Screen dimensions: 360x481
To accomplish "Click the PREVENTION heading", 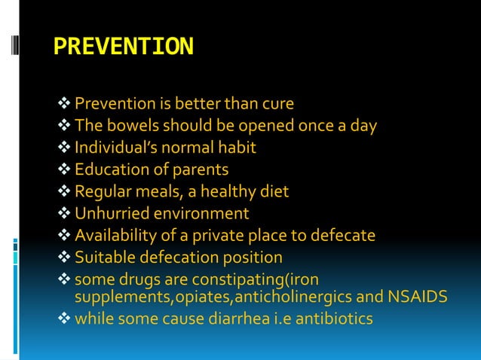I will (124, 47).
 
